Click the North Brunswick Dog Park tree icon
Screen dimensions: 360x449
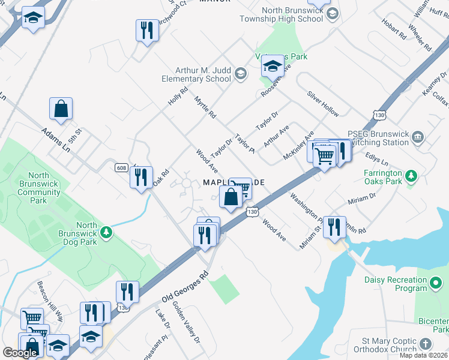[106, 232]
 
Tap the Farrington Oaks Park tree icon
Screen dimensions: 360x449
[411, 176]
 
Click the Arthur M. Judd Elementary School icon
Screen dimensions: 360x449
[240, 74]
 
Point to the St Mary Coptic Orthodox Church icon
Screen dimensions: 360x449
[426, 344]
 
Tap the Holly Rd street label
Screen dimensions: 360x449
[178, 97]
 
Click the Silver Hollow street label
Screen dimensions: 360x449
[323, 104]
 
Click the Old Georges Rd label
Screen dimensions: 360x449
[184, 287]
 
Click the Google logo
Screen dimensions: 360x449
[20, 353]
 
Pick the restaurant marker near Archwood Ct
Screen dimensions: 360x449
[146, 30]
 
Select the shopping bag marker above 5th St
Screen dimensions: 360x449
[61, 109]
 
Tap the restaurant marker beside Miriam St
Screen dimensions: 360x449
[335, 226]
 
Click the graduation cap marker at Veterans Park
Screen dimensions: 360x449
[273, 67]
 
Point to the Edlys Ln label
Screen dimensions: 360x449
[377, 159]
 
